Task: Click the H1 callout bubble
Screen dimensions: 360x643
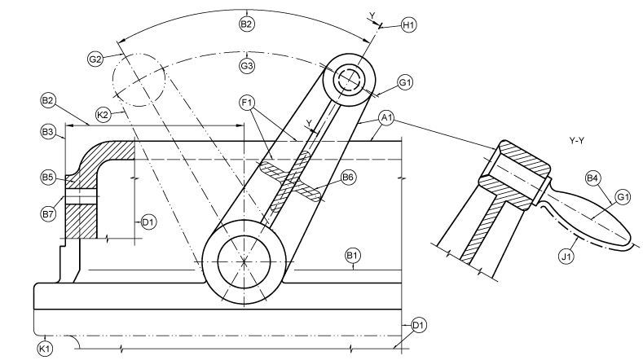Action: [409, 25]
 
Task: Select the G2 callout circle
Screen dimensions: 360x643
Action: [95, 59]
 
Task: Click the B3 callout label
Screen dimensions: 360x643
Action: [49, 130]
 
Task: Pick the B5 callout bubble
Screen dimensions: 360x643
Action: [49, 176]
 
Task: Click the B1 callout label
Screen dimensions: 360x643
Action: [353, 257]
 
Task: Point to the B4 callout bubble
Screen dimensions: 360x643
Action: [592, 177]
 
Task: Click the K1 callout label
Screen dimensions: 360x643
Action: [45, 348]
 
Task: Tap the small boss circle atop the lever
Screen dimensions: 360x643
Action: [350, 79]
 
